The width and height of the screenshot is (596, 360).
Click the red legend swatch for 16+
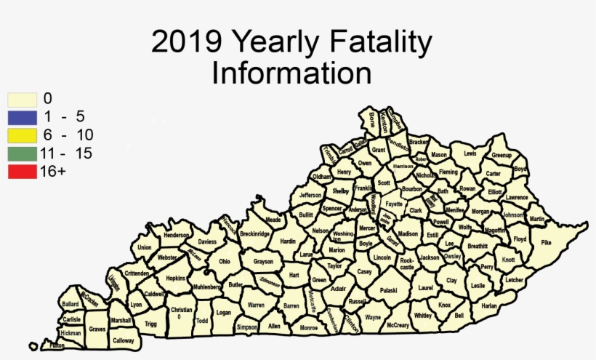coord(22,171)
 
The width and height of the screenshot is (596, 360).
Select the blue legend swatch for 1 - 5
coord(22,116)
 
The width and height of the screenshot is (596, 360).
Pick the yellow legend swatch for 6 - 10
coord(22,135)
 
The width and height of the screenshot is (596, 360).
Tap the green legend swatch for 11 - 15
coord(22,153)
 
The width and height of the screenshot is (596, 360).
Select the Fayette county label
coord(395,204)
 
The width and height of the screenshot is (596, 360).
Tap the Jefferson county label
coord(310,196)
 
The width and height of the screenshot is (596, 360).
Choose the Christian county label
coord(181,311)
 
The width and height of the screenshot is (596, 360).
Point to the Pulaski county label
coord(389,290)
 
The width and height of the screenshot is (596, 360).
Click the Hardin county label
coord(288,241)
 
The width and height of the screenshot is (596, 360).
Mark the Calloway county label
coord(124,340)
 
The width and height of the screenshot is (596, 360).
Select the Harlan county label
coord(489,306)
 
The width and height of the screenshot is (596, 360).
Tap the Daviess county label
coord(207,241)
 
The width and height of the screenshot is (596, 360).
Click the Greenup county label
coord(502,156)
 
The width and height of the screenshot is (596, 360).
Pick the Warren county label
coord(256,305)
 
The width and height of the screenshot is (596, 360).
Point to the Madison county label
coord(408,233)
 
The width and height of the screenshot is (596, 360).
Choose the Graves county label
coord(97,329)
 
